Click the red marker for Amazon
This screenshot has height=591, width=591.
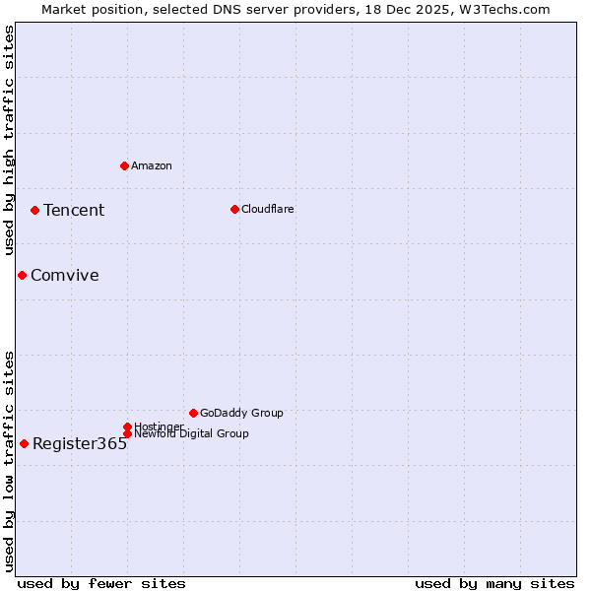[x=124, y=165]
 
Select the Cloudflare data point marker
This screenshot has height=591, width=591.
[x=234, y=209]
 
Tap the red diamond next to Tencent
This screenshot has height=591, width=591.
[x=34, y=210]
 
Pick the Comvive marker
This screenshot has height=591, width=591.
[x=22, y=275]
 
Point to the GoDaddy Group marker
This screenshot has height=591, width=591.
[x=193, y=413]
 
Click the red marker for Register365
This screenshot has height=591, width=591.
[x=24, y=443]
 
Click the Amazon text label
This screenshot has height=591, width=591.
[x=152, y=165]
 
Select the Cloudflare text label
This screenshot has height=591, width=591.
[x=268, y=209]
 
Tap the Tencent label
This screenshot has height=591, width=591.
[x=74, y=210]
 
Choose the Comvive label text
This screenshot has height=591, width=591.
[x=65, y=275]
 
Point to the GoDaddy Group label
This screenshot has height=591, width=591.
[x=241, y=413]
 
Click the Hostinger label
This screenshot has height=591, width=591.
[x=159, y=427]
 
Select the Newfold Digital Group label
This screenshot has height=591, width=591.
[x=191, y=433]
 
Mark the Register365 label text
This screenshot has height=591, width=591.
[x=80, y=443]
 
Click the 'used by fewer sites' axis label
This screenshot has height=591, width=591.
[x=101, y=583]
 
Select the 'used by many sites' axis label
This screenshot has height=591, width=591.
[x=494, y=583]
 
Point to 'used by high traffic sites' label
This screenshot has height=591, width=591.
[x=10, y=140]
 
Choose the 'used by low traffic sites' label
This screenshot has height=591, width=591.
[x=10, y=461]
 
